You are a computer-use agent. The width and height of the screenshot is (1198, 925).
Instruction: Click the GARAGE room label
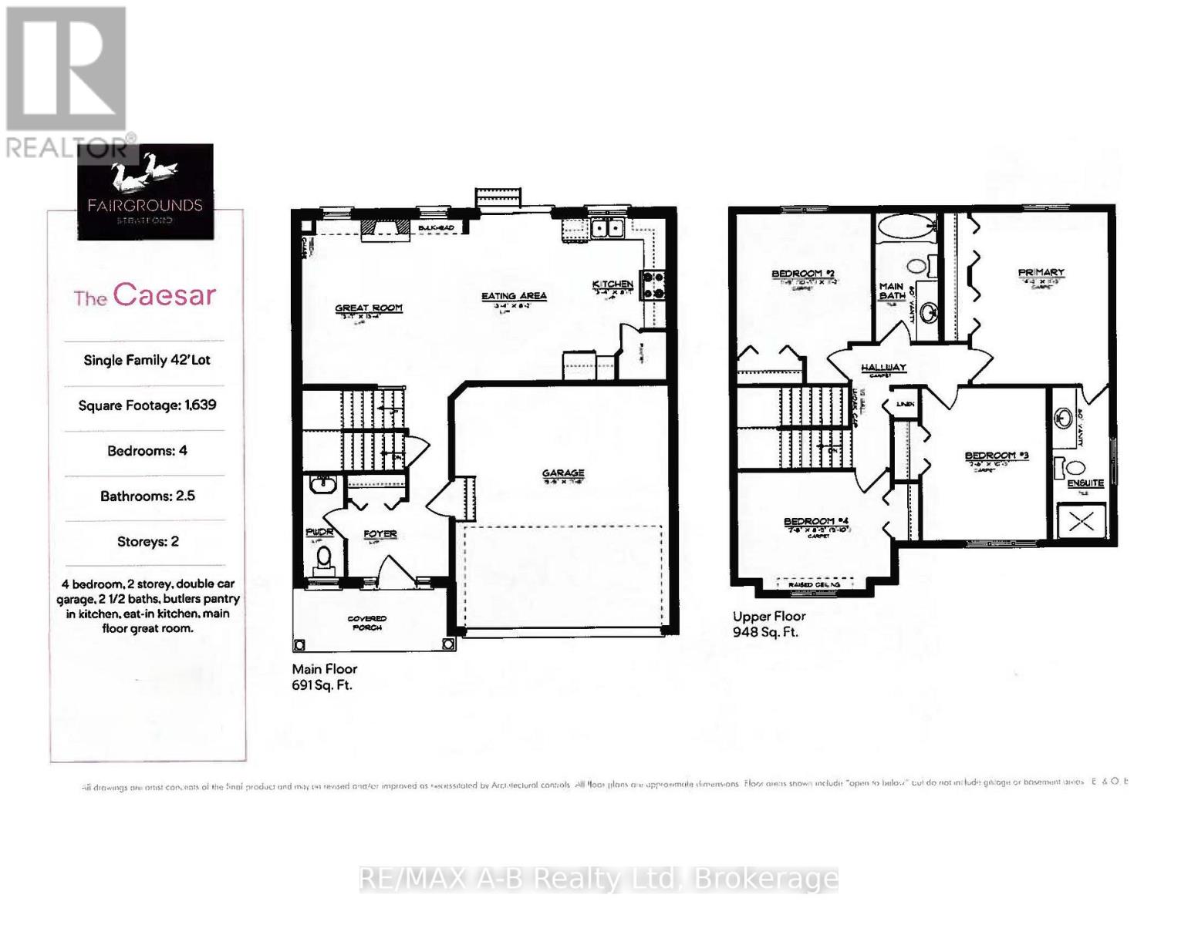click(x=563, y=473)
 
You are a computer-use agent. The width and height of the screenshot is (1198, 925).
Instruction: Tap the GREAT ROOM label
click(x=369, y=308)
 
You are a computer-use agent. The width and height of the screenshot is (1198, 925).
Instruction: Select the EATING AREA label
click(x=514, y=296)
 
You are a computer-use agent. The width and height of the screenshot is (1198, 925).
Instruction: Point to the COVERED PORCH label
click(x=367, y=623)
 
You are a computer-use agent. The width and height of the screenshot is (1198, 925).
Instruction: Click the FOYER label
click(x=380, y=533)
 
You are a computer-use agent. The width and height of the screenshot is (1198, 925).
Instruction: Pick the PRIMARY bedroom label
click(x=1041, y=272)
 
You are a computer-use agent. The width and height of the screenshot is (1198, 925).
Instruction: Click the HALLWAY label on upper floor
click(x=883, y=368)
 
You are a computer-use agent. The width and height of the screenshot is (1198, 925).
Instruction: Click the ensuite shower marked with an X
click(x=1081, y=522)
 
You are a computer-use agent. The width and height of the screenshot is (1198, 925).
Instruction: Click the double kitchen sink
click(x=608, y=228)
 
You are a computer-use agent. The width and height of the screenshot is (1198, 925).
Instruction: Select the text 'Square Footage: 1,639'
click(x=147, y=405)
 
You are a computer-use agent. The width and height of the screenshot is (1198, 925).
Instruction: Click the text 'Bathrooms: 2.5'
click(x=147, y=496)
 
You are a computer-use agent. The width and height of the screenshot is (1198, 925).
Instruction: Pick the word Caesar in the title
click(x=164, y=295)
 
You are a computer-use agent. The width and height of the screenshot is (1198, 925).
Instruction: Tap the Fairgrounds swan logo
click(x=144, y=176)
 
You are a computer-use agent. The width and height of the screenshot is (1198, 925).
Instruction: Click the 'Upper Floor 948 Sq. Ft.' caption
click(x=768, y=624)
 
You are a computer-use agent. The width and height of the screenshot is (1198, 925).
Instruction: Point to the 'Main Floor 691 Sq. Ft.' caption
click(x=324, y=677)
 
